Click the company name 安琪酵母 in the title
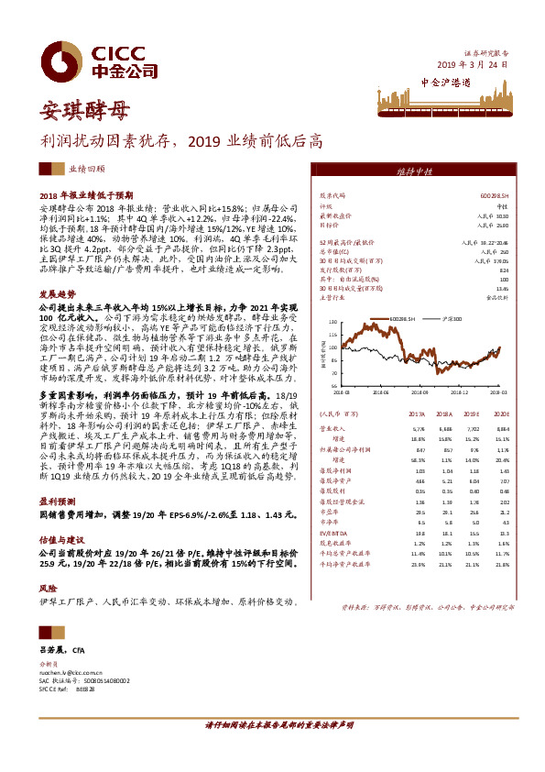pos(82,112)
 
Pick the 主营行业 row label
pos(332,297)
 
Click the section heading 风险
pos(48,587)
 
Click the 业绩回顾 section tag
pos(87,170)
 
